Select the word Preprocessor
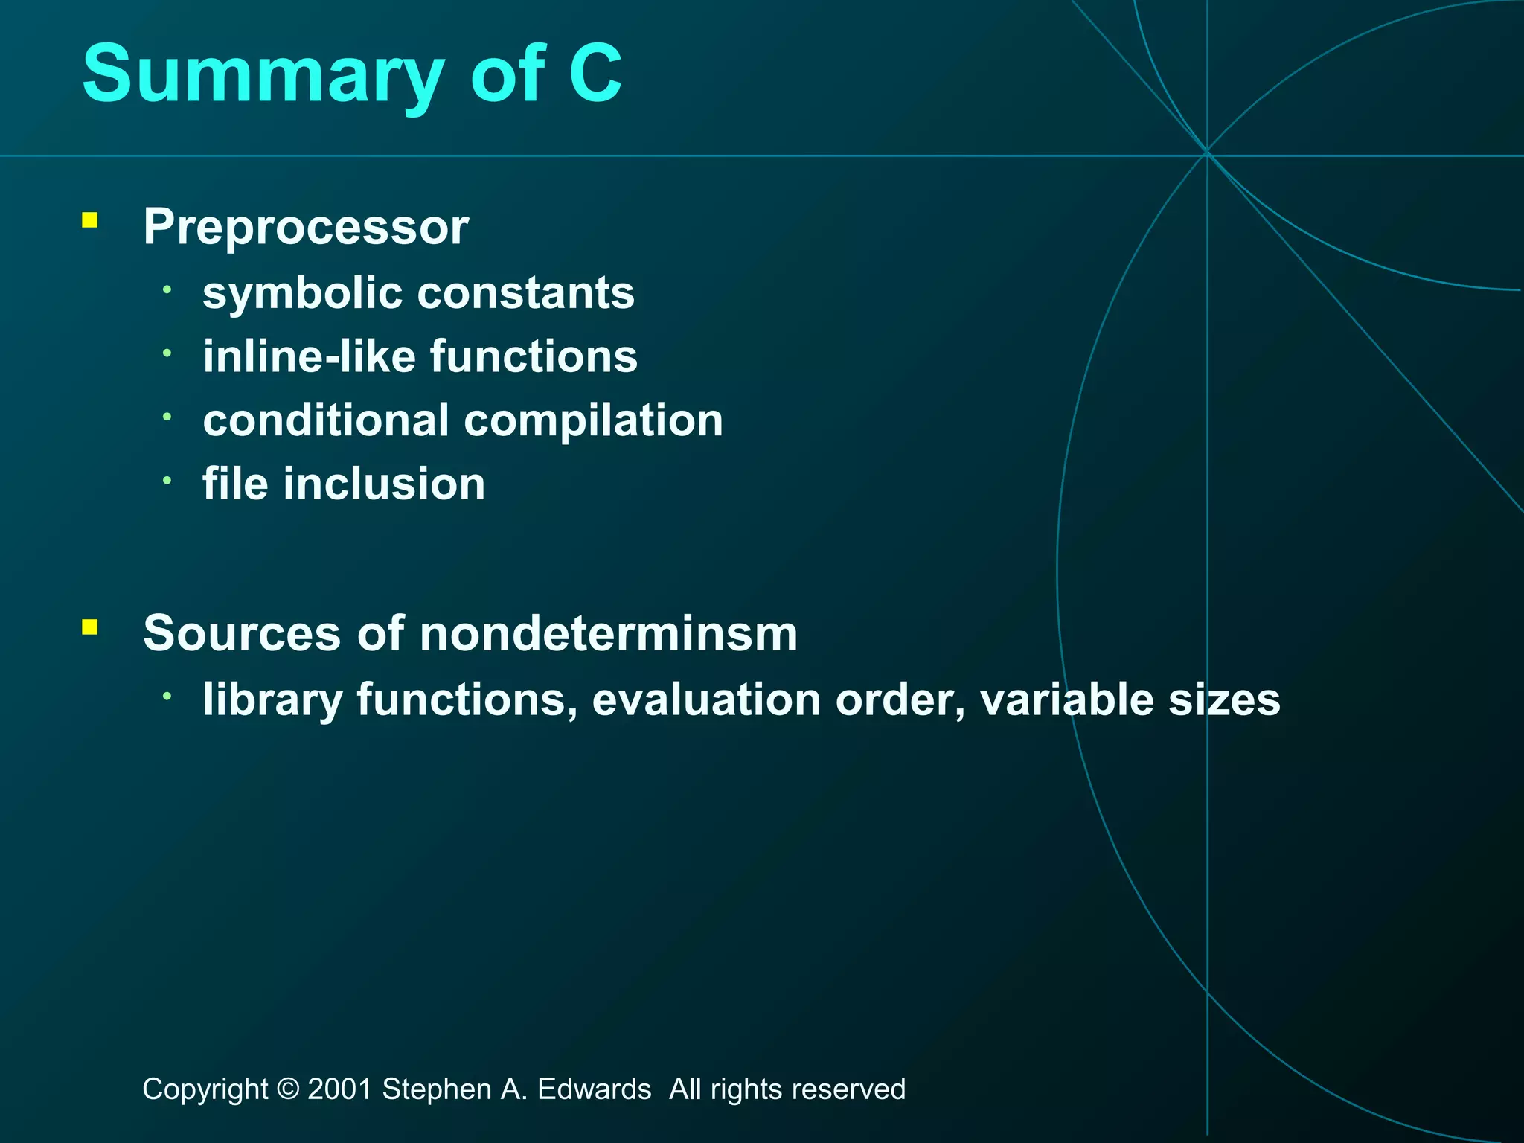click(x=306, y=226)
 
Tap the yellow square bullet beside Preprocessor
click(x=90, y=220)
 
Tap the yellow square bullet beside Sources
click(x=90, y=627)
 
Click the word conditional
click(x=326, y=420)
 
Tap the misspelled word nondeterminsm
click(x=608, y=633)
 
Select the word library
click(x=272, y=700)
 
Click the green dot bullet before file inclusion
click(x=167, y=481)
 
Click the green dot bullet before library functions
click(x=167, y=696)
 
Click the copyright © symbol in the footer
click(x=287, y=1089)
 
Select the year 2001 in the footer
click(x=339, y=1089)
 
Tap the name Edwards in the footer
click(x=594, y=1089)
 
